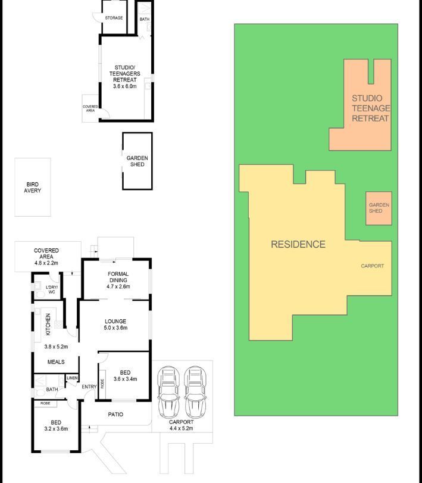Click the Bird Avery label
click(x=32, y=187)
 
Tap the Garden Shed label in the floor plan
click(x=137, y=161)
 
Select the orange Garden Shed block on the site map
click(x=379, y=208)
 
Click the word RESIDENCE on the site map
click(x=298, y=244)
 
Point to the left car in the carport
click(x=168, y=391)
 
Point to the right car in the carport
click(x=195, y=391)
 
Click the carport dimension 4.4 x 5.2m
click(x=182, y=428)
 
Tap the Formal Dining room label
click(x=118, y=277)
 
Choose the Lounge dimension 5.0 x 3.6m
click(x=115, y=328)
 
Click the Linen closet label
click(x=72, y=378)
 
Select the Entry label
click(x=89, y=387)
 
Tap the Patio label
click(x=115, y=415)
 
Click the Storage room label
click(x=114, y=18)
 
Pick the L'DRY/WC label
click(x=52, y=289)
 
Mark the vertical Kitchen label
click(x=48, y=325)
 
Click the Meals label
click(x=56, y=362)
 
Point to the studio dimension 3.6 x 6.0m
click(x=124, y=86)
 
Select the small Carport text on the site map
click(x=373, y=266)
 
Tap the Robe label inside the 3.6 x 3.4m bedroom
click(x=102, y=384)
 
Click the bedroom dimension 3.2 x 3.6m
click(x=56, y=428)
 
